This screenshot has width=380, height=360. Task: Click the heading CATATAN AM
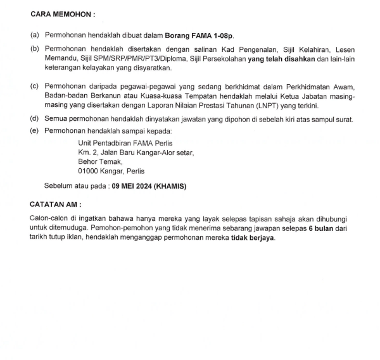(56, 206)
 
